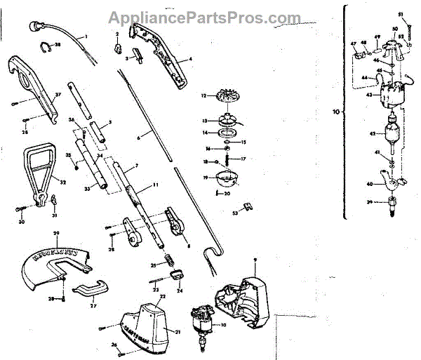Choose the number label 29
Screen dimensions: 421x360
[x=57, y=232]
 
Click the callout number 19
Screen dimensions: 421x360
[x=204, y=178]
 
